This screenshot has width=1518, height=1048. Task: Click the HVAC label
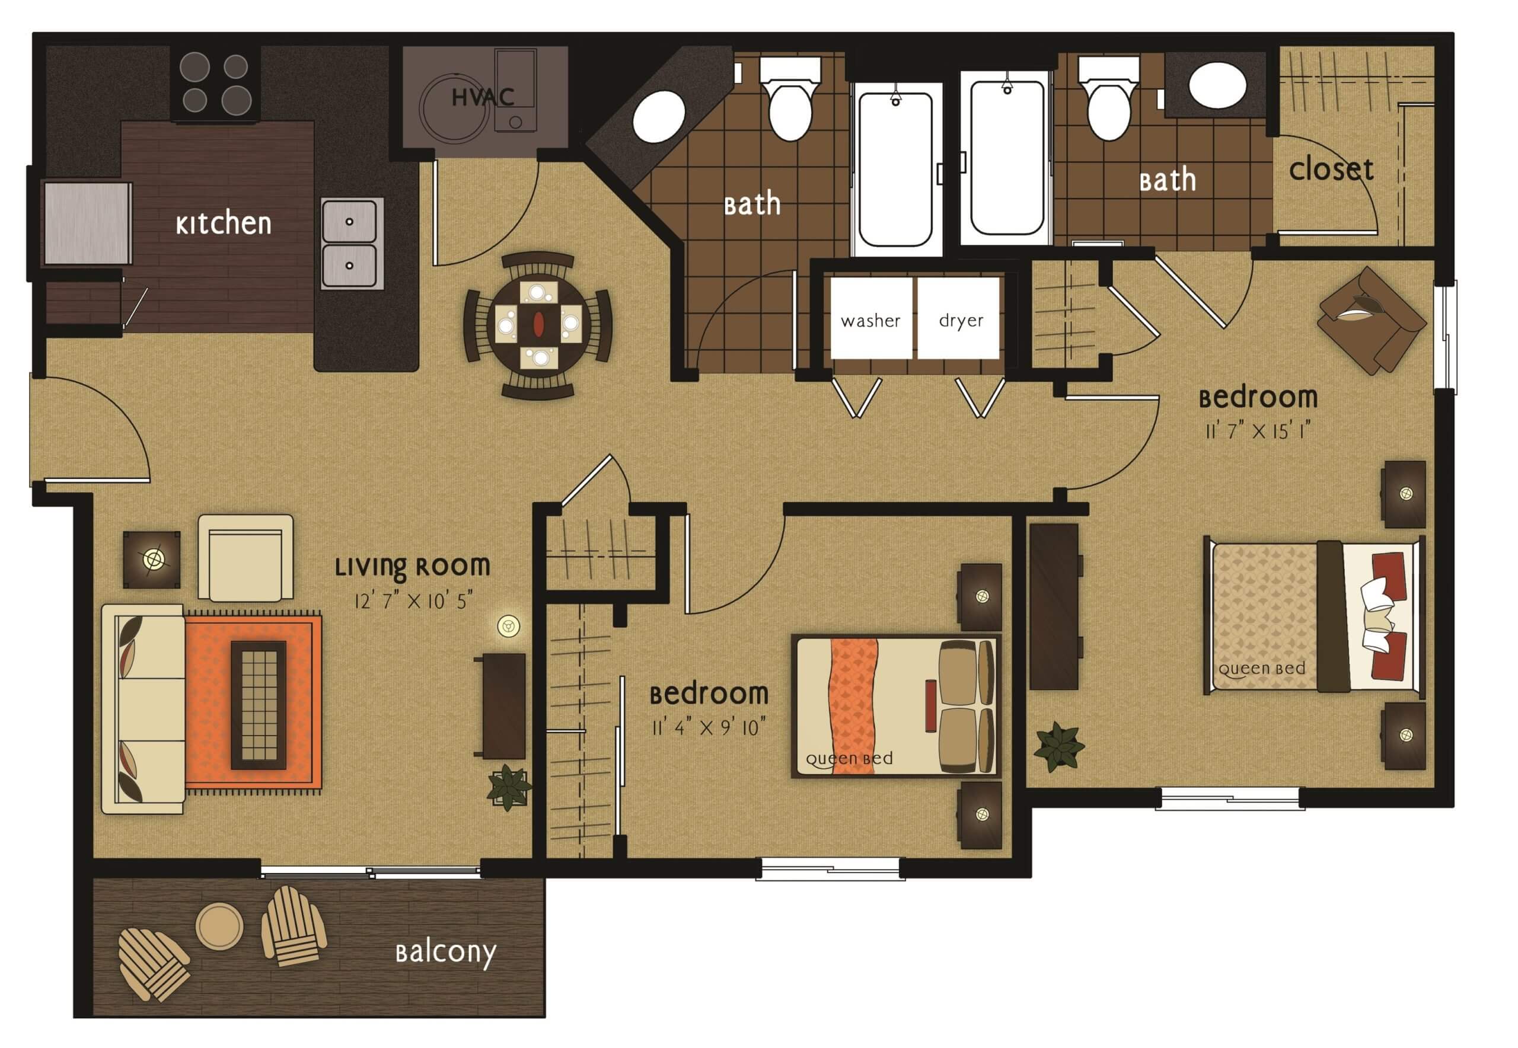point(483,98)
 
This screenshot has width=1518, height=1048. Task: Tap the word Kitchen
point(224,223)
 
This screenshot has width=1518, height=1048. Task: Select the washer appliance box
point(871,318)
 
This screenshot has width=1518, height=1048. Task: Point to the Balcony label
point(445,953)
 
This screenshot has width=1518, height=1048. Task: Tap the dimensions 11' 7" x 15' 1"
point(1258,431)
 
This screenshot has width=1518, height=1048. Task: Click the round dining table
point(538,324)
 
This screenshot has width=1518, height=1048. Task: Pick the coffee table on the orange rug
point(258,705)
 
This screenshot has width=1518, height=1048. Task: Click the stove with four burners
point(215,84)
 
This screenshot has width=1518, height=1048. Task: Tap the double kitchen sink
point(352,244)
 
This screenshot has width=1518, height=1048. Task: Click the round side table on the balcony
point(219,926)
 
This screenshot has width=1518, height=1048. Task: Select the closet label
point(1331,170)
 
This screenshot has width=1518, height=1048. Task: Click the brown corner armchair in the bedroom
point(1372,321)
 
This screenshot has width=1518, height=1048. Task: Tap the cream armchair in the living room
point(245,557)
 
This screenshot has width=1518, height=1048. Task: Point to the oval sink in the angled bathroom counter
point(659,117)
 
